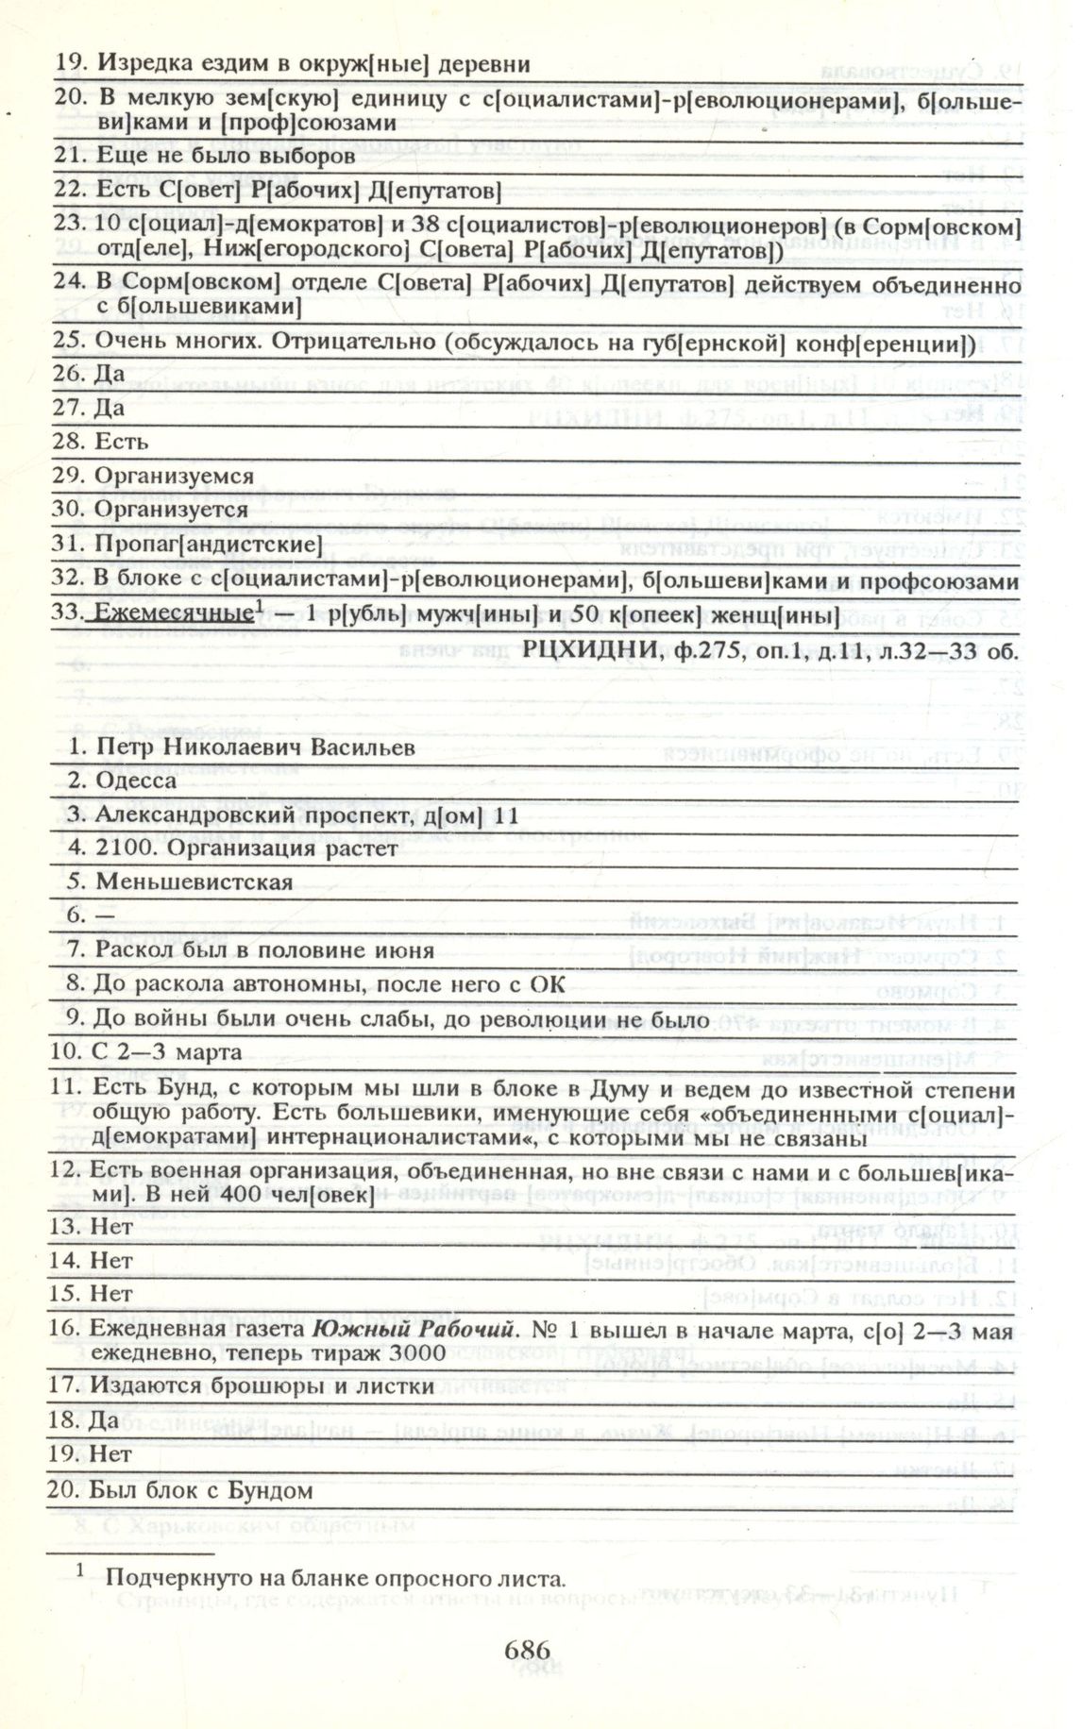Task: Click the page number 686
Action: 527,1650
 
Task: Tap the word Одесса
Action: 136,781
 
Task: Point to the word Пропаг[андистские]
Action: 208,545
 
